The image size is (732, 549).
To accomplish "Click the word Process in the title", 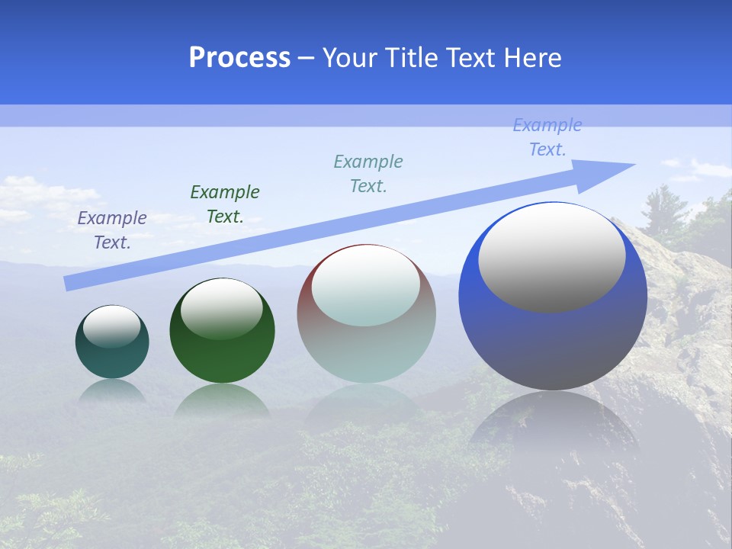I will point(239,58).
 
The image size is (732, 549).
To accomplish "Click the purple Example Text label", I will point(112,230).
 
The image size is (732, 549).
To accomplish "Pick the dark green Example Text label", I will point(225,204).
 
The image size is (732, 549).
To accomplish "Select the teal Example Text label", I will point(368,173).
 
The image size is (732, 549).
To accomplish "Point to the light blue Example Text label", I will point(547,137).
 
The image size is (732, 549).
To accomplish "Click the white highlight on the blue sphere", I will point(551,257).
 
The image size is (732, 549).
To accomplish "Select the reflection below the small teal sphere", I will point(112,392).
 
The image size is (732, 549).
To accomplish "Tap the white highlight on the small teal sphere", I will point(112,326).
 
